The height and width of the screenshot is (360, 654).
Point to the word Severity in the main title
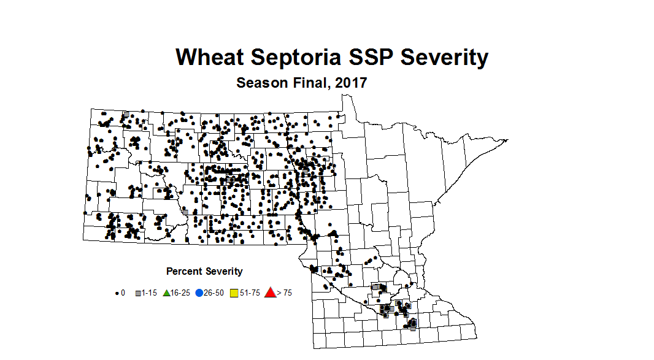click(444, 57)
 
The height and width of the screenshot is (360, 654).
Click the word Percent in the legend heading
click(183, 271)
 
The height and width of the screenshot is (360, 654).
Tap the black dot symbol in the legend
click(117, 293)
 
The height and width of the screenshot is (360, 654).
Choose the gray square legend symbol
click(138, 293)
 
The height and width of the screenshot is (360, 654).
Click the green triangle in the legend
click(166, 293)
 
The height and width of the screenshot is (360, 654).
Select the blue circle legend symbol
click(199, 293)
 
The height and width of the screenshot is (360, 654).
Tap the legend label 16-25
click(180, 293)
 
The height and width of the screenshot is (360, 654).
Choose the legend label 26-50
click(213, 293)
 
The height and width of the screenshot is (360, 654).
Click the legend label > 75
click(284, 293)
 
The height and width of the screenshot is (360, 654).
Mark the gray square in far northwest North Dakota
click(126, 114)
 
